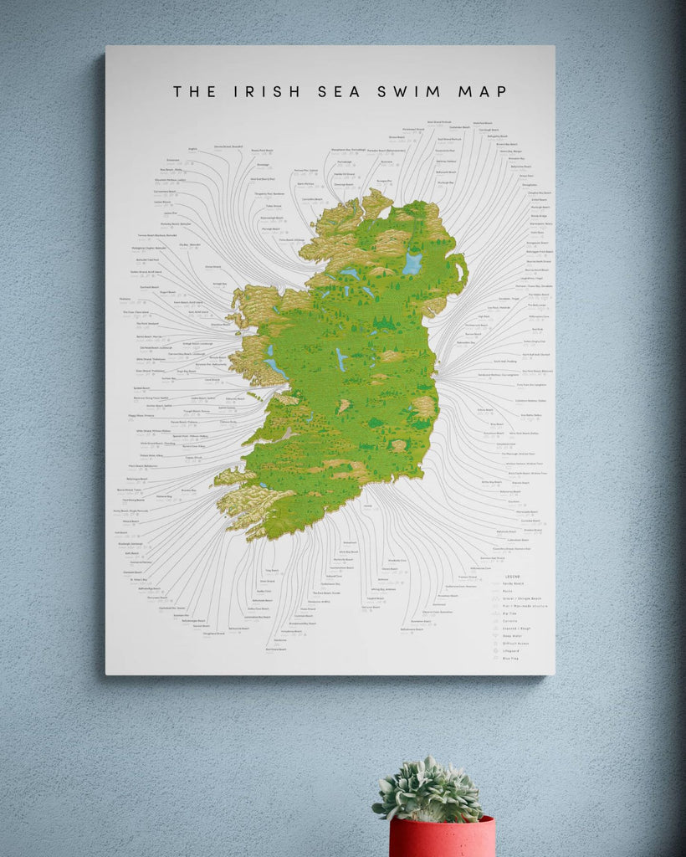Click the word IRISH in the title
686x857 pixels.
pos(263,91)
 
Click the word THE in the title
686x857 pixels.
pos(194,91)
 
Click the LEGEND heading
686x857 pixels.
pos(513,577)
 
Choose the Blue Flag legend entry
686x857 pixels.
pos(512,659)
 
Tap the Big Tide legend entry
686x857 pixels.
pos(510,613)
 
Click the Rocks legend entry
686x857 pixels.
pos(508,592)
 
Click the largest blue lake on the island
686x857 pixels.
pos(412,264)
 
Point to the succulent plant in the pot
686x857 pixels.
pos(428,790)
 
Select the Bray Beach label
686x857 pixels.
pos(497,424)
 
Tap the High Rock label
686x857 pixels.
pos(484,316)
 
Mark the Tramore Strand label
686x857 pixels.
pos(468,577)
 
